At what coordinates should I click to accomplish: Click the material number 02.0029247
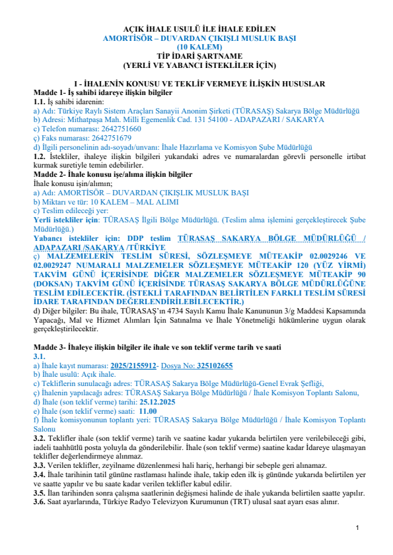pos(58,265)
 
